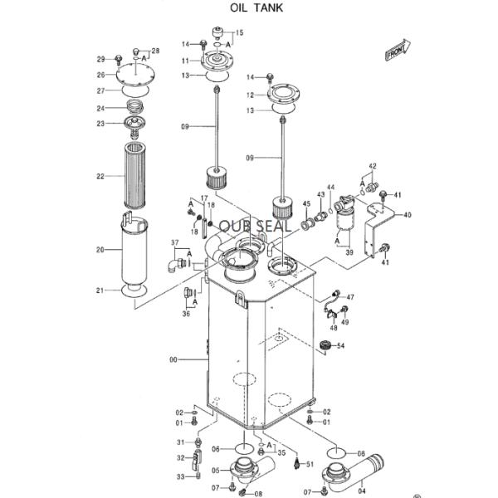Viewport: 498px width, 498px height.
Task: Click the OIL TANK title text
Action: click(x=256, y=7)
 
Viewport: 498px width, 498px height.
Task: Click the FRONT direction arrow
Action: click(x=398, y=50)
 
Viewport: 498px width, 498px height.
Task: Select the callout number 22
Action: click(x=100, y=176)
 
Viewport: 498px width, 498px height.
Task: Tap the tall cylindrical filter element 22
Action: click(x=135, y=175)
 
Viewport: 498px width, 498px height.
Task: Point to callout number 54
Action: click(x=340, y=345)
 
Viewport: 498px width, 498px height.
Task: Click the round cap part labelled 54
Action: click(x=325, y=345)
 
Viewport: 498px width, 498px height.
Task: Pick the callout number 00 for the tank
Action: click(x=173, y=360)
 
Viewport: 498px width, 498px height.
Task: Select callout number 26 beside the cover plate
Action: click(x=100, y=75)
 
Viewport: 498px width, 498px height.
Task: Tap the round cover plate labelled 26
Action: click(x=135, y=75)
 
